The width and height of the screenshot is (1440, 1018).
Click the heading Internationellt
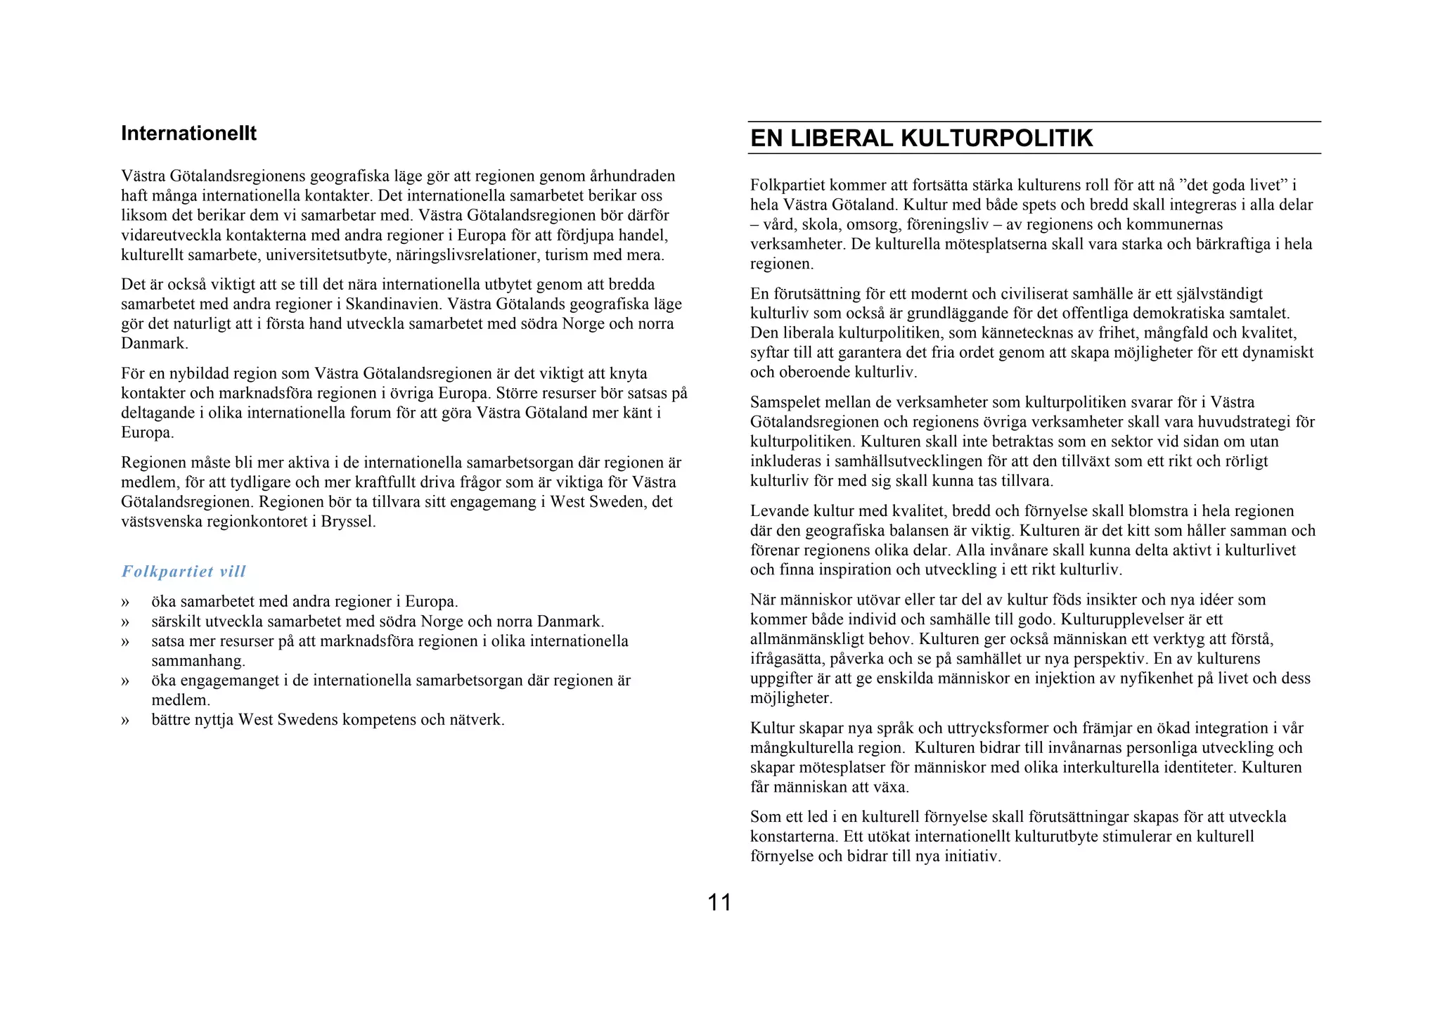(188, 134)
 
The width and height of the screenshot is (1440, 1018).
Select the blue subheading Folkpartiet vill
(184, 572)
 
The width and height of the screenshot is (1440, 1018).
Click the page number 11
(719, 903)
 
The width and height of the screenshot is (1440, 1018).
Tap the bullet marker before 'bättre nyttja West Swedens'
(125, 721)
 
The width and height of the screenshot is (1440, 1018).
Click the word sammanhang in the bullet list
(198, 661)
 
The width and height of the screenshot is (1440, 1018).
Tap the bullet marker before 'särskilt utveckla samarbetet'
(125, 622)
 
